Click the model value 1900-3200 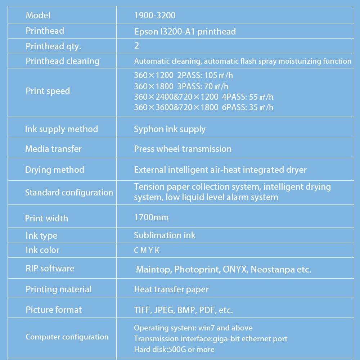tap(155, 15)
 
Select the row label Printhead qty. tap(53, 46)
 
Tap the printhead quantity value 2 tap(136, 46)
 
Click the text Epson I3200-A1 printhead tap(185, 32)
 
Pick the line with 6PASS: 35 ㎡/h tap(203, 107)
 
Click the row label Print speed tap(48, 91)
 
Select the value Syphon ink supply tap(170, 129)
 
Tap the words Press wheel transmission tap(183, 149)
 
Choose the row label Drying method tap(54, 170)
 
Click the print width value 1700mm tap(151, 217)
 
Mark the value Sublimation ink tap(165, 235)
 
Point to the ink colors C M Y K tap(147, 251)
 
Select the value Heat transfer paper tap(171, 289)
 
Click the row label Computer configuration tap(67, 337)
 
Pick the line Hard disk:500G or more tap(174, 350)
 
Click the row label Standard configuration tap(69, 193)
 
